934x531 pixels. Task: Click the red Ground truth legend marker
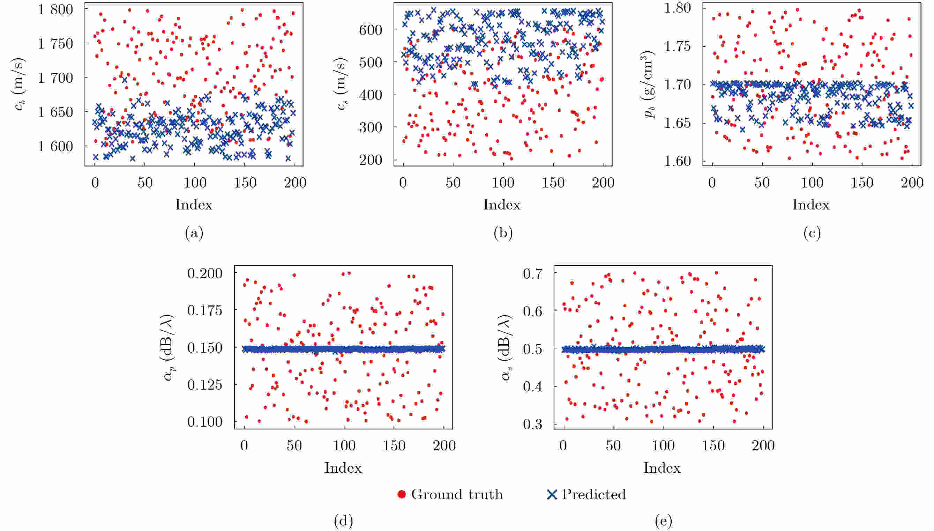tap(402, 495)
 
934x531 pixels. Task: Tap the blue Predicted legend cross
tap(552, 495)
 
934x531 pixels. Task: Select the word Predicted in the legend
tap(593, 495)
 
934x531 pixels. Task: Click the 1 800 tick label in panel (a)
tap(55, 9)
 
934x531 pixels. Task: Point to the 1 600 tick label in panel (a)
tap(55, 146)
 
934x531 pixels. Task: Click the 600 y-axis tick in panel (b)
tap(370, 30)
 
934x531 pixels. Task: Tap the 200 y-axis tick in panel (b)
tap(370, 160)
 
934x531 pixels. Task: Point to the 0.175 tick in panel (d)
tap(205, 310)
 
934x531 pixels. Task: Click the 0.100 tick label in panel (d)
tap(205, 422)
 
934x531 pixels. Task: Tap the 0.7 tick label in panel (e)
tap(533, 273)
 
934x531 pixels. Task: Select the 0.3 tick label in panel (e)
tap(533, 424)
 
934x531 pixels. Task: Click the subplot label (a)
tap(194, 233)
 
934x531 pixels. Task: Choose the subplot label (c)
tap(812, 233)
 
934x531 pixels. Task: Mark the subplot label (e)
tap(663, 521)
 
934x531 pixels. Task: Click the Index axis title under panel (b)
tap(502, 205)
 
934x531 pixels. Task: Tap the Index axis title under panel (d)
tap(343, 468)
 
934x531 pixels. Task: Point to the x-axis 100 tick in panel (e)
tap(663, 446)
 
